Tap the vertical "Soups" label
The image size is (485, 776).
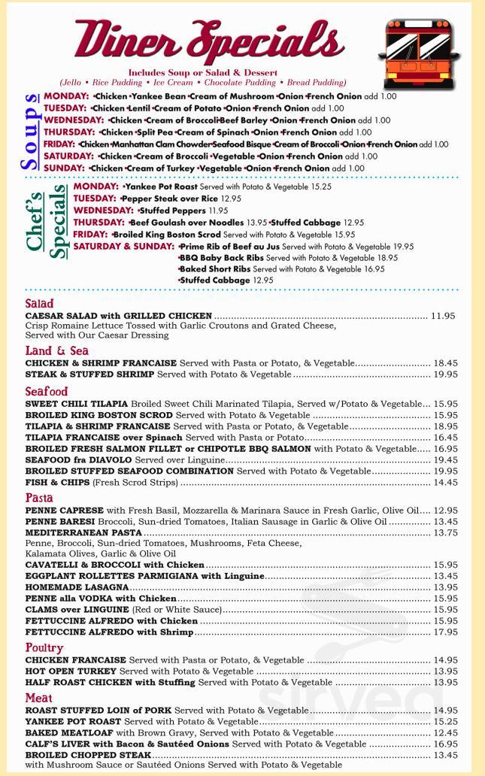click(x=31, y=132)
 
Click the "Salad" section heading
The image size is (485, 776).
click(x=39, y=304)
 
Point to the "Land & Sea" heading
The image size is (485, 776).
click(x=56, y=351)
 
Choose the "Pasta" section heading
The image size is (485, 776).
click(x=39, y=498)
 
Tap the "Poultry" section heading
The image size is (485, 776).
click(x=44, y=648)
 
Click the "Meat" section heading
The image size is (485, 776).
click(x=38, y=699)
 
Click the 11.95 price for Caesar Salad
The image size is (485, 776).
click(x=443, y=316)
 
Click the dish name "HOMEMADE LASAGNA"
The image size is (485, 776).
click(x=77, y=587)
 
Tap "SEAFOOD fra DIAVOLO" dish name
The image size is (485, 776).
click(x=79, y=459)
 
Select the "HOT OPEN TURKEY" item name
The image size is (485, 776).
click(x=71, y=671)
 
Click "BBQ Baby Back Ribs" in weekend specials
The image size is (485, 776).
click(x=221, y=257)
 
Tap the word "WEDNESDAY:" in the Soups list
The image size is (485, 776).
click(x=74, y=120)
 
